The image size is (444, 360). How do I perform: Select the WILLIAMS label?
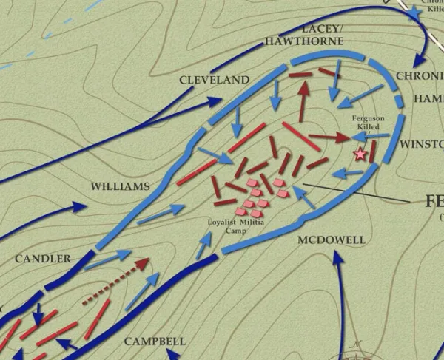tap(120, 186)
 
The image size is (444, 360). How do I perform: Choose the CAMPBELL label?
tap(155, 342)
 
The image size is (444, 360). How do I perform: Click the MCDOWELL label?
tap(332, 240)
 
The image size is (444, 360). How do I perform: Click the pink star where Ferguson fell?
tap(360, 154)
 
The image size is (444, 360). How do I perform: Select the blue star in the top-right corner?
tap(414, 12)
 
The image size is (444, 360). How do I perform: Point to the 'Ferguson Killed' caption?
tap(368, 122)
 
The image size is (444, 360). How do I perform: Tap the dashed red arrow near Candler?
tap(117, 281)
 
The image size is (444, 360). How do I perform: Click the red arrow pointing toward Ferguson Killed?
tap(329, 137)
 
